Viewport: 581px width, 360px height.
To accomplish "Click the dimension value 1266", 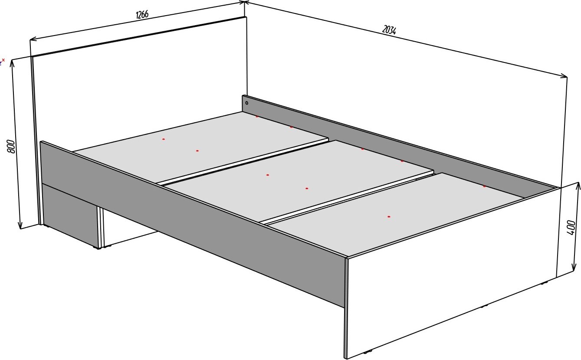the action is [142, 14].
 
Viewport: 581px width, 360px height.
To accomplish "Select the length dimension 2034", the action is [389, 30].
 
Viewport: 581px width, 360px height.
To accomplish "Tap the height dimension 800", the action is [11, 147].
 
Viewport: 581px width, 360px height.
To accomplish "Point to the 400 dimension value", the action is [571, 227].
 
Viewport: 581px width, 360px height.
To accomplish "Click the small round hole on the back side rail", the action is [246, 103].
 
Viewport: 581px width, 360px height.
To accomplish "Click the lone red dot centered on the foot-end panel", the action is [389, 216].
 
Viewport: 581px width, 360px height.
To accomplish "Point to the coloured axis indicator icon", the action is [2, 62].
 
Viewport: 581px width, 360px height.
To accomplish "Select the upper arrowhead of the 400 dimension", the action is [578, 185].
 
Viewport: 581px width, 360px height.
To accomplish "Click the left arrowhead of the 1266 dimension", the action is [32, 39].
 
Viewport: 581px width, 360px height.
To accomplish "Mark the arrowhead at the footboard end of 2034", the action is [564, 76].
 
